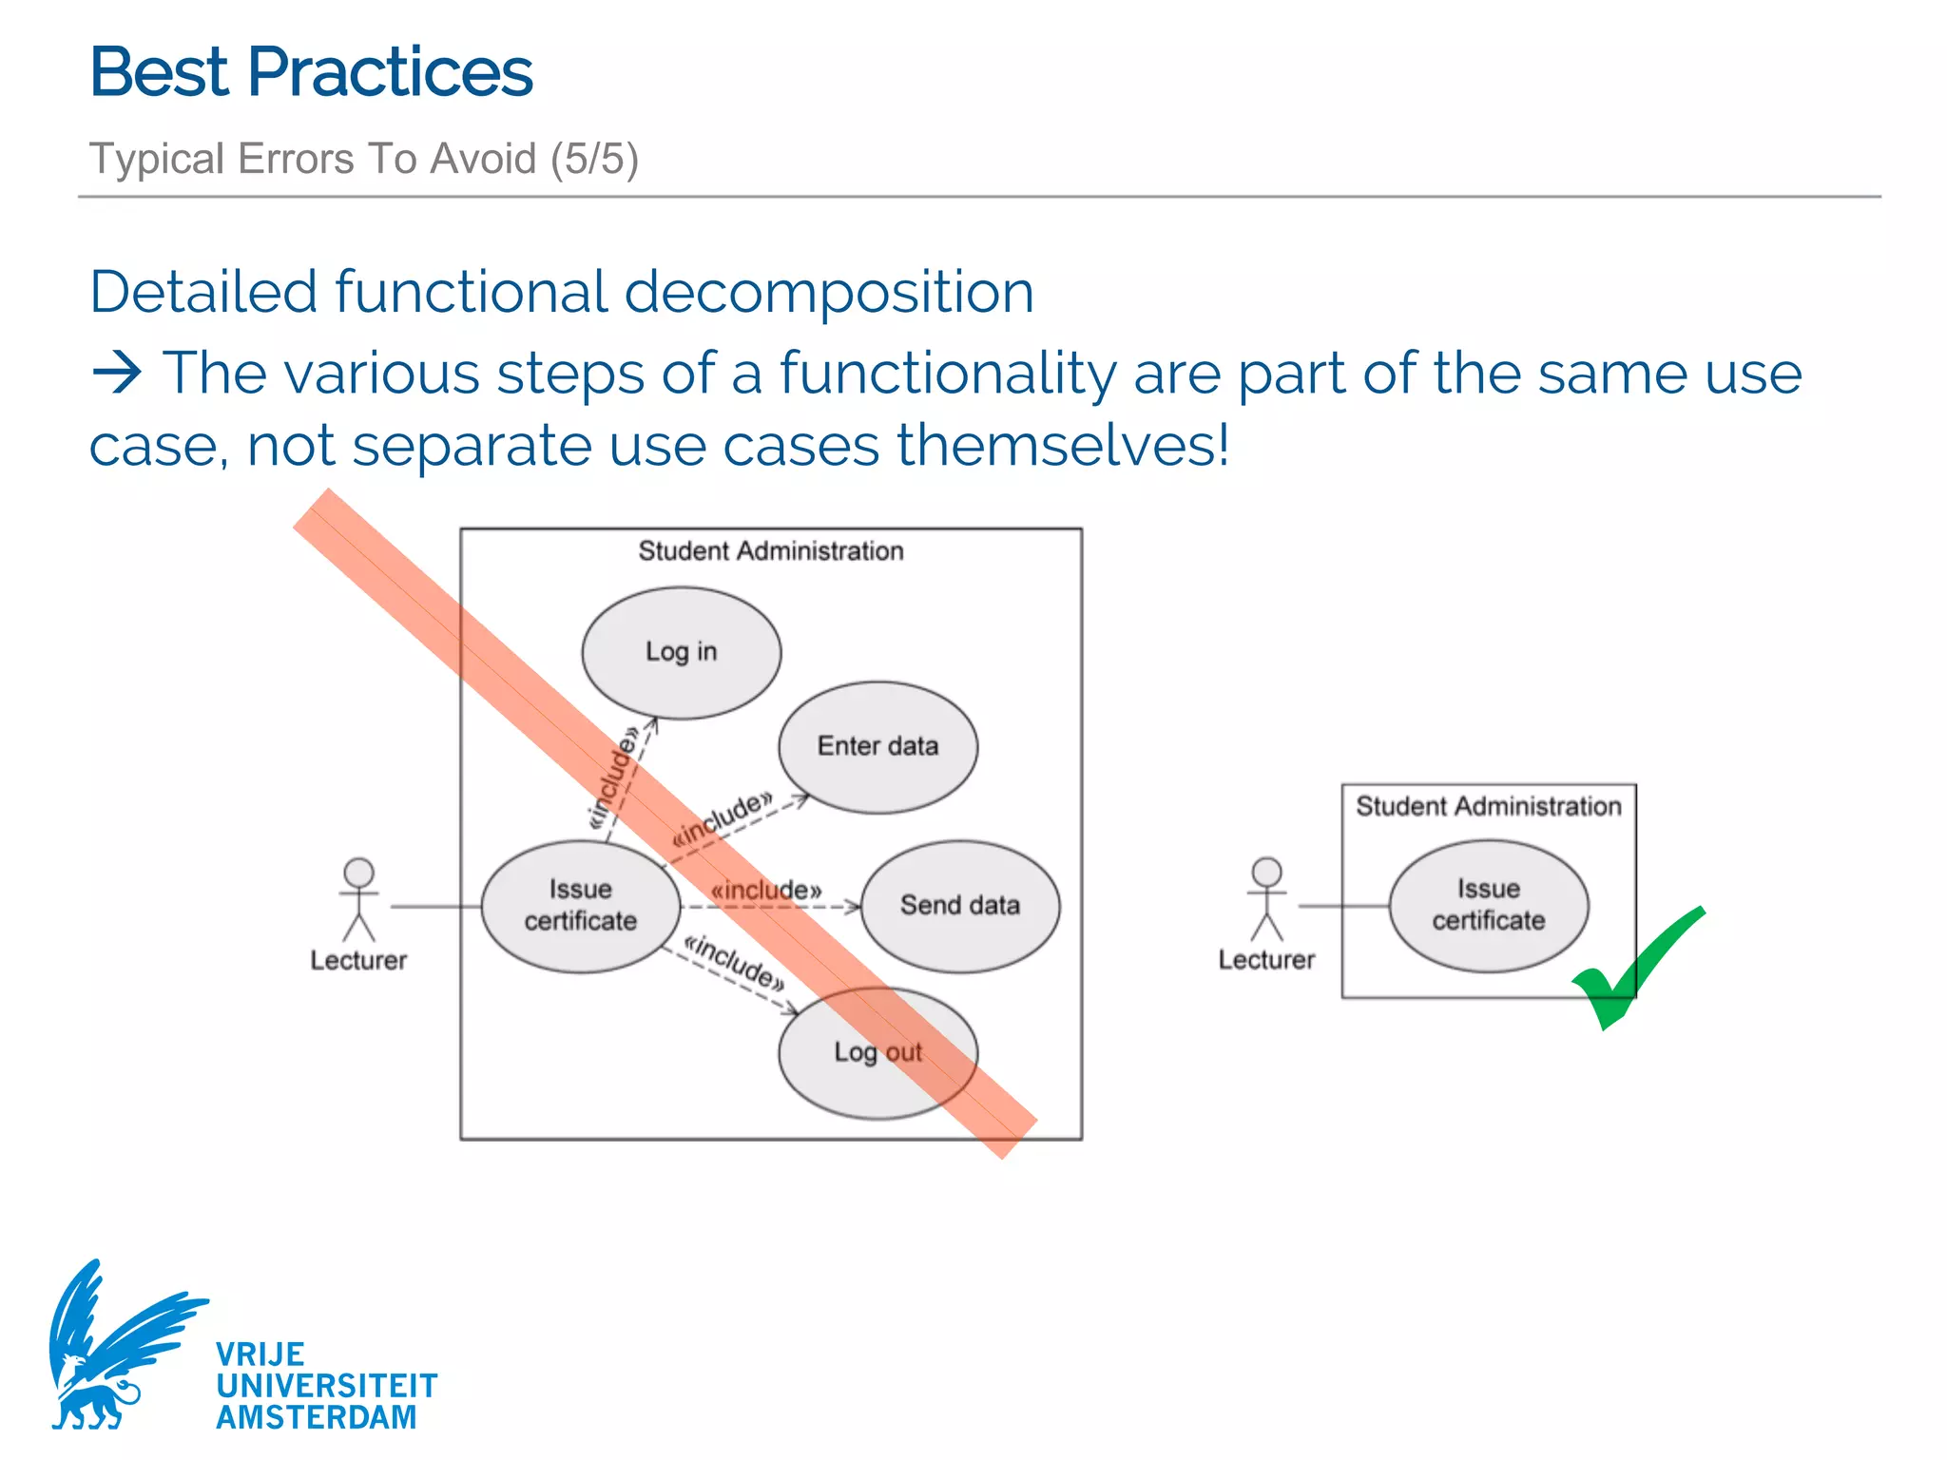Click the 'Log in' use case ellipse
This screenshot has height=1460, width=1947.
click(681, 652)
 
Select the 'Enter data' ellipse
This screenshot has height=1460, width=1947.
click(877, 746)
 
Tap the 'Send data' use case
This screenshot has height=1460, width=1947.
click(960, 905)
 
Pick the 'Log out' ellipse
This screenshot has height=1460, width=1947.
click(877, 1052)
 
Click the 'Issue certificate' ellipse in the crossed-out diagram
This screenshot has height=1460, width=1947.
click(580, 905)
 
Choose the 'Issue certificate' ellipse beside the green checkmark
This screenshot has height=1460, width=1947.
click(1488, 905)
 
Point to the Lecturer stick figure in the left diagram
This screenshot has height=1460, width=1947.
click(358, 898)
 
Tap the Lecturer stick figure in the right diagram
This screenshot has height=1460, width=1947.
click(1266, 898)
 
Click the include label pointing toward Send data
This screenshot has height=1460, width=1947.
click(766, 891)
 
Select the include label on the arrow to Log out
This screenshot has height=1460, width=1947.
click(735, 961)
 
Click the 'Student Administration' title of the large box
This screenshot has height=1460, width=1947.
click(770, 551)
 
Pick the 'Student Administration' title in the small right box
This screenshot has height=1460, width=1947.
click(1488, 806)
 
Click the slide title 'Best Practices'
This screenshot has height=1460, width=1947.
click(311, 72)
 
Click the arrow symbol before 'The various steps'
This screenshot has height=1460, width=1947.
click(117, 373)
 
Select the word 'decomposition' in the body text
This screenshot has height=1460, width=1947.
click(828, 292)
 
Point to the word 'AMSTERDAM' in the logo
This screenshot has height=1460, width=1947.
click(316, 1417)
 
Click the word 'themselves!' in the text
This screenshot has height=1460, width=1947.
click(1063, 445)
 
